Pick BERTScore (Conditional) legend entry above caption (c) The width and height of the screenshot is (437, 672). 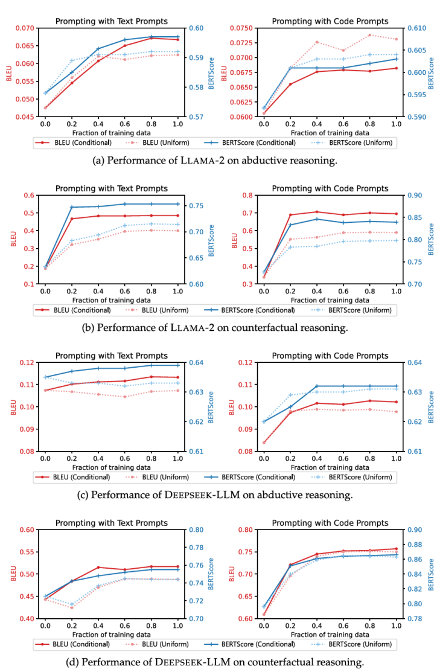click(x=258, y=477)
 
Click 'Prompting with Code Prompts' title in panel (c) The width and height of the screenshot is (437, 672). click(x=330, y=356)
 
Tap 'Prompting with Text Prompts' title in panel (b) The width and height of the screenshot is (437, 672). click(x=112, y=188)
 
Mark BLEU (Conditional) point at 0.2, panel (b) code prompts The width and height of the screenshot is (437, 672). click(x=290, y=215)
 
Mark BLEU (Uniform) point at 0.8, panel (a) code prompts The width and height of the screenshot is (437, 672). click(x=370, y=35)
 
